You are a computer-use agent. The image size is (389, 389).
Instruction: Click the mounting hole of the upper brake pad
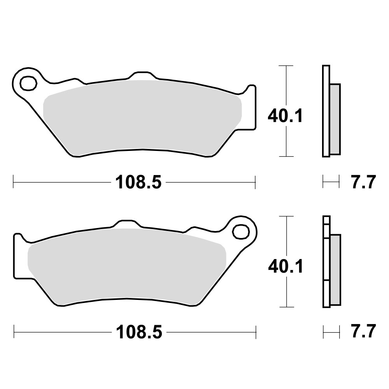(28, 83)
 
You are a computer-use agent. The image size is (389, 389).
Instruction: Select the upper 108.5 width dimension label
(138, 182)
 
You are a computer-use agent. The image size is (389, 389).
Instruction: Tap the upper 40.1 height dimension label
(285, 116)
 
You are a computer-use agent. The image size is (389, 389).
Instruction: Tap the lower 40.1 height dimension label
(285, 266)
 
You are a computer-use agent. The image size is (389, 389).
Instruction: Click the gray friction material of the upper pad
(142, 117)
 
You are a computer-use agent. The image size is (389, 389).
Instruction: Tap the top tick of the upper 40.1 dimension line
(286, 66)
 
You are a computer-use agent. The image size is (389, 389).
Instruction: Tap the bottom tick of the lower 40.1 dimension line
(286, 307)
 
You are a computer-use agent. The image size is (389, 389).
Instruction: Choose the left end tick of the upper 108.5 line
(14, 182)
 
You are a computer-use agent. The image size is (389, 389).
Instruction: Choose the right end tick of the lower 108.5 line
(256, 332)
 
